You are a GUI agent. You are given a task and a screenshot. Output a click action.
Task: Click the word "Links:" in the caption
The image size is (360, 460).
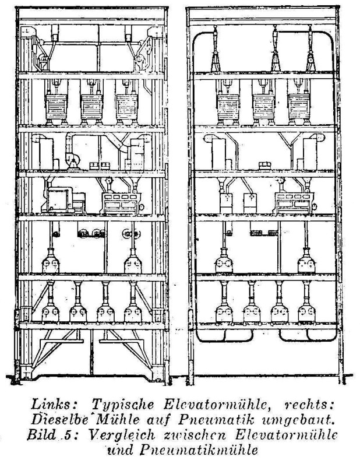click(51, 404)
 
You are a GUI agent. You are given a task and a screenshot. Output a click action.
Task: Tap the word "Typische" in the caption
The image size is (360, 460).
click(122, 405)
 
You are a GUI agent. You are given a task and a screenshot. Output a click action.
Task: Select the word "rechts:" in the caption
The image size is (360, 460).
click(309, 405)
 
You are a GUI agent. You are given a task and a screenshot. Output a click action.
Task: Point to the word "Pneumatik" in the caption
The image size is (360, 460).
click(216, 420)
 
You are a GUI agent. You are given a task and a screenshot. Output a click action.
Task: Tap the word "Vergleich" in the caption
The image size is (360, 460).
click(121, 435)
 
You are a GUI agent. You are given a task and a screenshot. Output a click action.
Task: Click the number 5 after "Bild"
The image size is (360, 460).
click(66, 435)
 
